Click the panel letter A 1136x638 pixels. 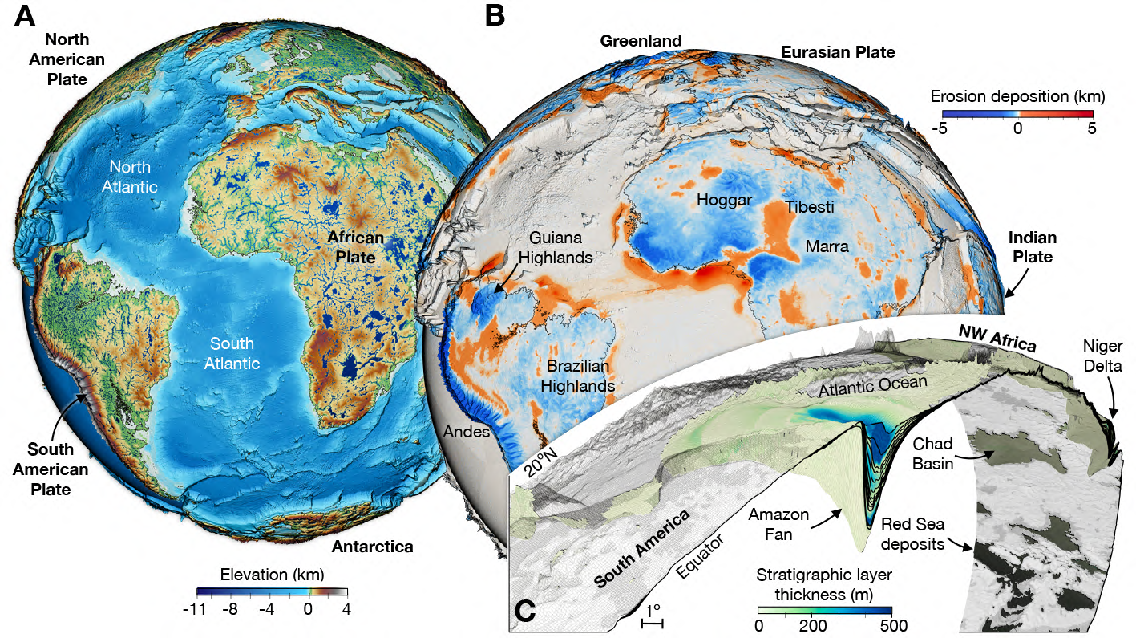[x=24, y=18]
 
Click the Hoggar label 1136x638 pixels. [x=725, y=199]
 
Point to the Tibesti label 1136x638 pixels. [x=809, y=207]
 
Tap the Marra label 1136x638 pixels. [x=827, y=246]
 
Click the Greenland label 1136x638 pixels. [x=641, y=40]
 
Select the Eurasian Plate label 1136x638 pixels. [x=838, y=52]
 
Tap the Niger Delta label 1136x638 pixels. [x=1102, y=356]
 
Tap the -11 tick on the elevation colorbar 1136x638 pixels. [x=195, y=609]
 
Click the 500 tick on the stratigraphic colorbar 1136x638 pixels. [x=891, y=625]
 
